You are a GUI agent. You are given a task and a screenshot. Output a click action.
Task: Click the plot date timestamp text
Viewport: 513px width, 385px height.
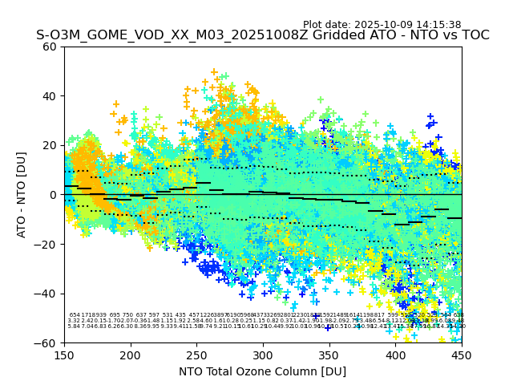(382, 25)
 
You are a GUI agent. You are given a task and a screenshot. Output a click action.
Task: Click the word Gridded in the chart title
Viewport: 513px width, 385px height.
(307, 36)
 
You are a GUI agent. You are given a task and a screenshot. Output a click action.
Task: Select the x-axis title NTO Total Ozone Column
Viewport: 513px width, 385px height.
(263, 372)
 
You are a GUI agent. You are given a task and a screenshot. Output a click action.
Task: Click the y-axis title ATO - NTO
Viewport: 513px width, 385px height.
(22, 195)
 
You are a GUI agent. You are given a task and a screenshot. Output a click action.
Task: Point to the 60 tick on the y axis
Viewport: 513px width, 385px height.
(50, 47)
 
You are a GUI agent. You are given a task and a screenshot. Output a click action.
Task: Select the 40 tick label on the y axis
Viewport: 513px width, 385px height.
(50, 96)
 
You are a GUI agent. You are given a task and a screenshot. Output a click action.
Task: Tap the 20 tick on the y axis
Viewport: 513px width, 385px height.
(50, 145)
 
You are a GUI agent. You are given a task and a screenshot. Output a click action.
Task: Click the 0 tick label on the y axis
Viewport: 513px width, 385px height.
(53, 195)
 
